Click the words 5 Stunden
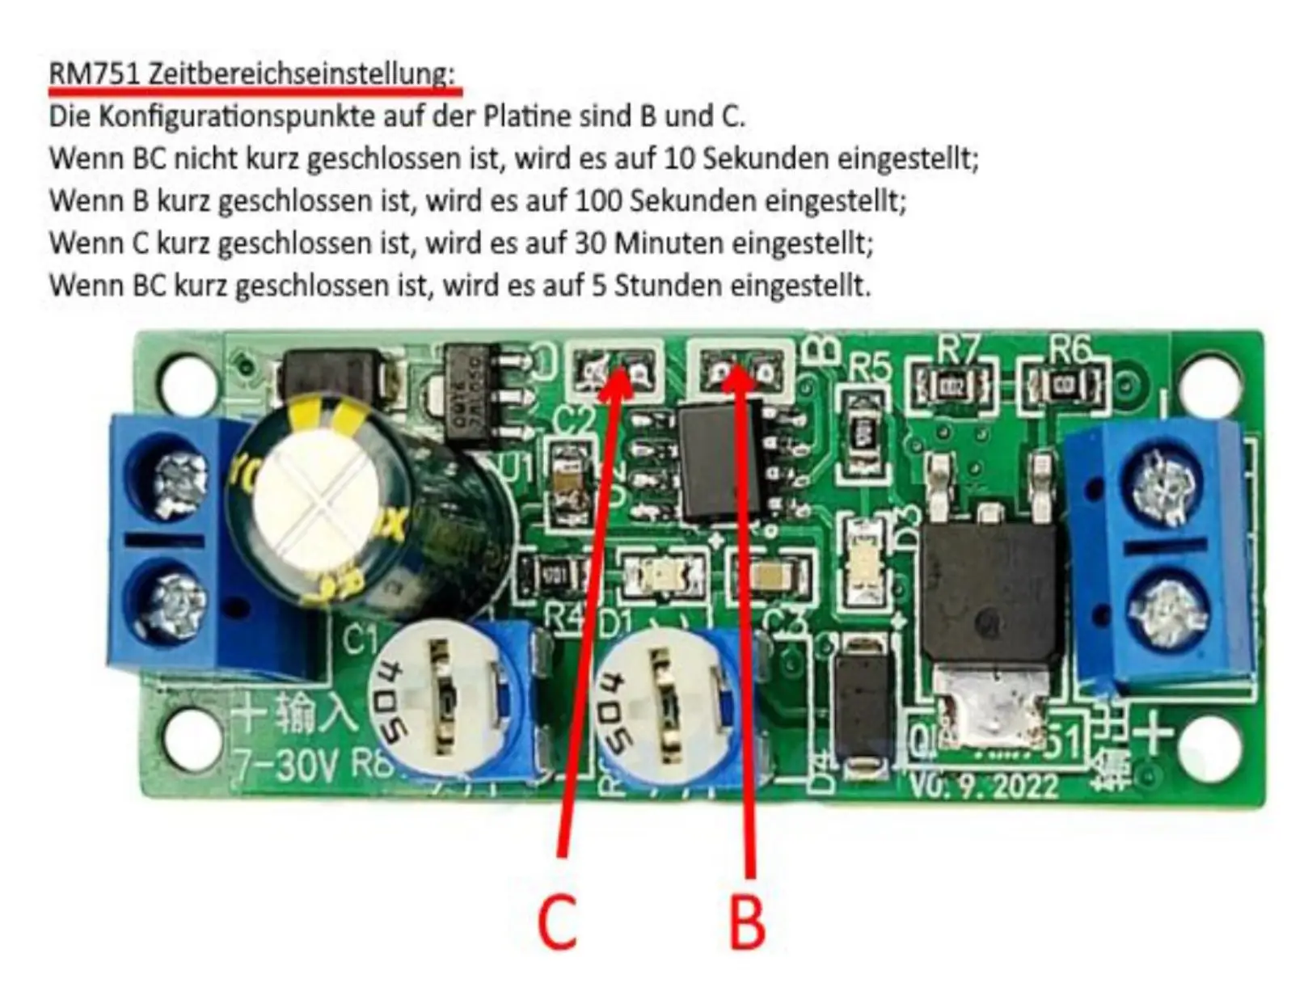656,285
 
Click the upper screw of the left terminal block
180,480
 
